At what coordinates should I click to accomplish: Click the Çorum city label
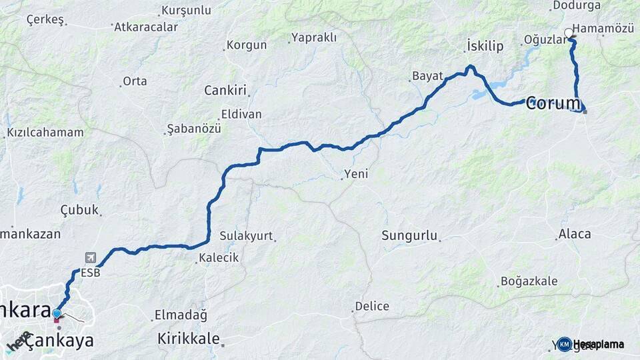tap(554, 103)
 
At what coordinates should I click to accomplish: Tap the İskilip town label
tap(485, 46)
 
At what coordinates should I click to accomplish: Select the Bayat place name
tap(427, 75)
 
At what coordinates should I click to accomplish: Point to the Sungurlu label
tap(409, 235)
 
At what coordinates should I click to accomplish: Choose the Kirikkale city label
tap(189, 339)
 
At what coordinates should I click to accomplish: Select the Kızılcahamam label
tap(45, 133)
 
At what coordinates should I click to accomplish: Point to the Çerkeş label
tap(45, 19)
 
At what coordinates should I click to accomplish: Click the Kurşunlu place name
tap(186, 11)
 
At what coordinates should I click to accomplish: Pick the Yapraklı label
tap(314, 37)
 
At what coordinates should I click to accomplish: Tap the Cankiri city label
tap(225, 90)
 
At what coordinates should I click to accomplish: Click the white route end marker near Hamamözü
tap(569, 33)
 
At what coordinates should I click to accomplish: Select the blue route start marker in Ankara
tap(57, 313)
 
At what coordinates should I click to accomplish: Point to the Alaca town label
tap(575, 234)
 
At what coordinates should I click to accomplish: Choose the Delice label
tap(372, 307)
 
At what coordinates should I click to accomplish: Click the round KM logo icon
tap(565, 344)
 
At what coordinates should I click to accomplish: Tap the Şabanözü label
tap(194, 129)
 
